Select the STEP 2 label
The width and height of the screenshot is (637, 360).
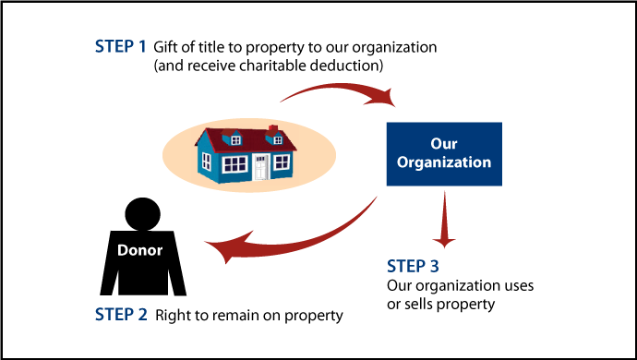[x=121, y=314]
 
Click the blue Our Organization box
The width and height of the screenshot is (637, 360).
[x=444, y=153]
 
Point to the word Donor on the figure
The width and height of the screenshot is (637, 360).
[x=139, y=250]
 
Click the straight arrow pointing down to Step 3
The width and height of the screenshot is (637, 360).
[x=444, y=222]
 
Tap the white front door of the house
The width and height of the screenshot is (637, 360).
[x=261, y=167]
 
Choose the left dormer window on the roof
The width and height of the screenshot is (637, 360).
[x=235, y=139]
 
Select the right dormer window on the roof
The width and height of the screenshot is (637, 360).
[x=275, y=139]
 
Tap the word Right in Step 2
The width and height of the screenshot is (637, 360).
[x=174, y=315]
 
